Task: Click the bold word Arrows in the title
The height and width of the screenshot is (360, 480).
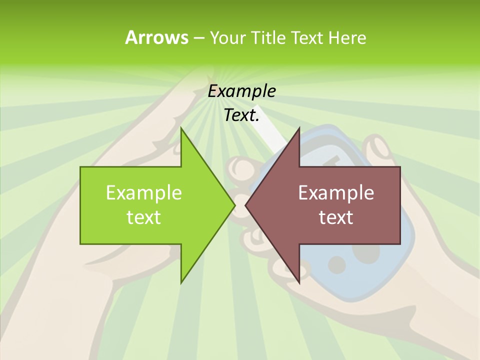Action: (156, 37)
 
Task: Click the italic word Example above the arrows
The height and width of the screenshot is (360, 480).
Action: (242, 91)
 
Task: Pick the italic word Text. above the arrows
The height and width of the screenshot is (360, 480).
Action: (242, 115)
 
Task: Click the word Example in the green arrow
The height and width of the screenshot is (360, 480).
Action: (144, 192)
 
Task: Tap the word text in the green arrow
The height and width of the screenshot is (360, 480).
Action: (144, 217)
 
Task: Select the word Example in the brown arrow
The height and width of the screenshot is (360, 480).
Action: (336, 192)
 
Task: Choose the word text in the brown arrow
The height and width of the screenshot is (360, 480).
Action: (336, 217)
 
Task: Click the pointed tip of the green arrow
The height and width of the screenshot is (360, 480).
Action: (234, 205)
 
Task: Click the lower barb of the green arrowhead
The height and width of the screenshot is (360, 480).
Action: (182, 281)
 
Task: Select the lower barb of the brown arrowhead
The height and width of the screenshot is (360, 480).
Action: (298, 281)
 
